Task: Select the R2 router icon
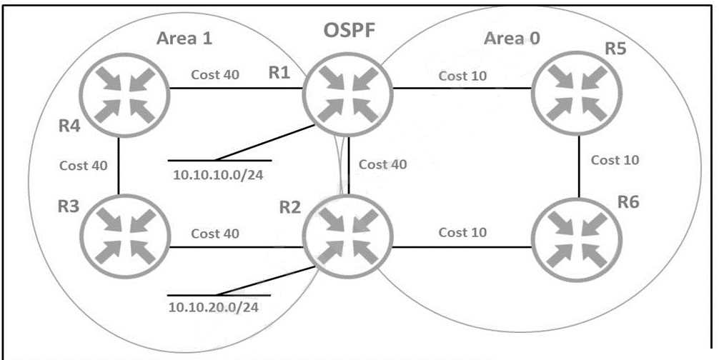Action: pyautogui.click(x=347, y=238)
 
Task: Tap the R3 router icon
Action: pyautogui.click(x=124, y=238)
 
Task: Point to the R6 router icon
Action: pyautogui.click(x=576, y=238)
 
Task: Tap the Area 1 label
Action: pyautogui.click(x=184, y=38)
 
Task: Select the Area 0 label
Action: pyautogui.click(x=512, y=38)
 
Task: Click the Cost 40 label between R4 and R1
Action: pyautogui.click(x=215, y=74)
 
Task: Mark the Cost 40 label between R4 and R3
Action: pyautogui.click(x=84, y=166)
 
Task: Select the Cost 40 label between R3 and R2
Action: pyautogui.click(x=215, y=234)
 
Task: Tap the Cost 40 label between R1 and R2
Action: pyautogui.click(x=383, y=164)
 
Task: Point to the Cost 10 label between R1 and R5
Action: pyautogui.click(x=463, y=76)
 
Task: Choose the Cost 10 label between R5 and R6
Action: pyautogui.click(x=615, y=160)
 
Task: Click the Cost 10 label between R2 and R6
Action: pyautogui.click(x=463, y=232)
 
